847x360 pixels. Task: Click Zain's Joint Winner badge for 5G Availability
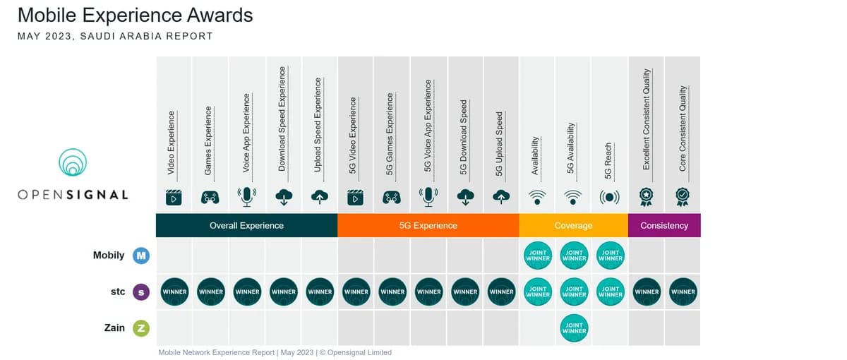(574, 328)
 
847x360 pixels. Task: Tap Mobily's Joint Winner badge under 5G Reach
(611, 256)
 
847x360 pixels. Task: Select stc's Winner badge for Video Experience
(174, 292)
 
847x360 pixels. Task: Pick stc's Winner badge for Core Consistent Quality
(683, 292)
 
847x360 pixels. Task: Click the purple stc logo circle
(141, 292)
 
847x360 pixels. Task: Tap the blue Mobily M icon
(141, 256)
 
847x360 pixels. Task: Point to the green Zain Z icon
(141, 328)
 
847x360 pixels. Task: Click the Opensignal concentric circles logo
(73, 162)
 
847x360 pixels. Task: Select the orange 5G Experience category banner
(428, 225)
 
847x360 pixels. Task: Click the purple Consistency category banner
(664, 225)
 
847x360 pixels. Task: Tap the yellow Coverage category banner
(574, 225)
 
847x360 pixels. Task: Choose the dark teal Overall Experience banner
(246, 225)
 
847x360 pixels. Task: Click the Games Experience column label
(208, 140)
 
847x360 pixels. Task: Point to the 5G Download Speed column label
(464, 137)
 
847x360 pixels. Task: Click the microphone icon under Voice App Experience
(247, 197)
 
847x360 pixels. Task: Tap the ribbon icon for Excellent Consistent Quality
(647, 197)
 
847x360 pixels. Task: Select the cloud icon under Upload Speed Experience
(320, 197)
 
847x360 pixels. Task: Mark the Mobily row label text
(109, 256)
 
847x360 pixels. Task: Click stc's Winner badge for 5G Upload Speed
(501, 292)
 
